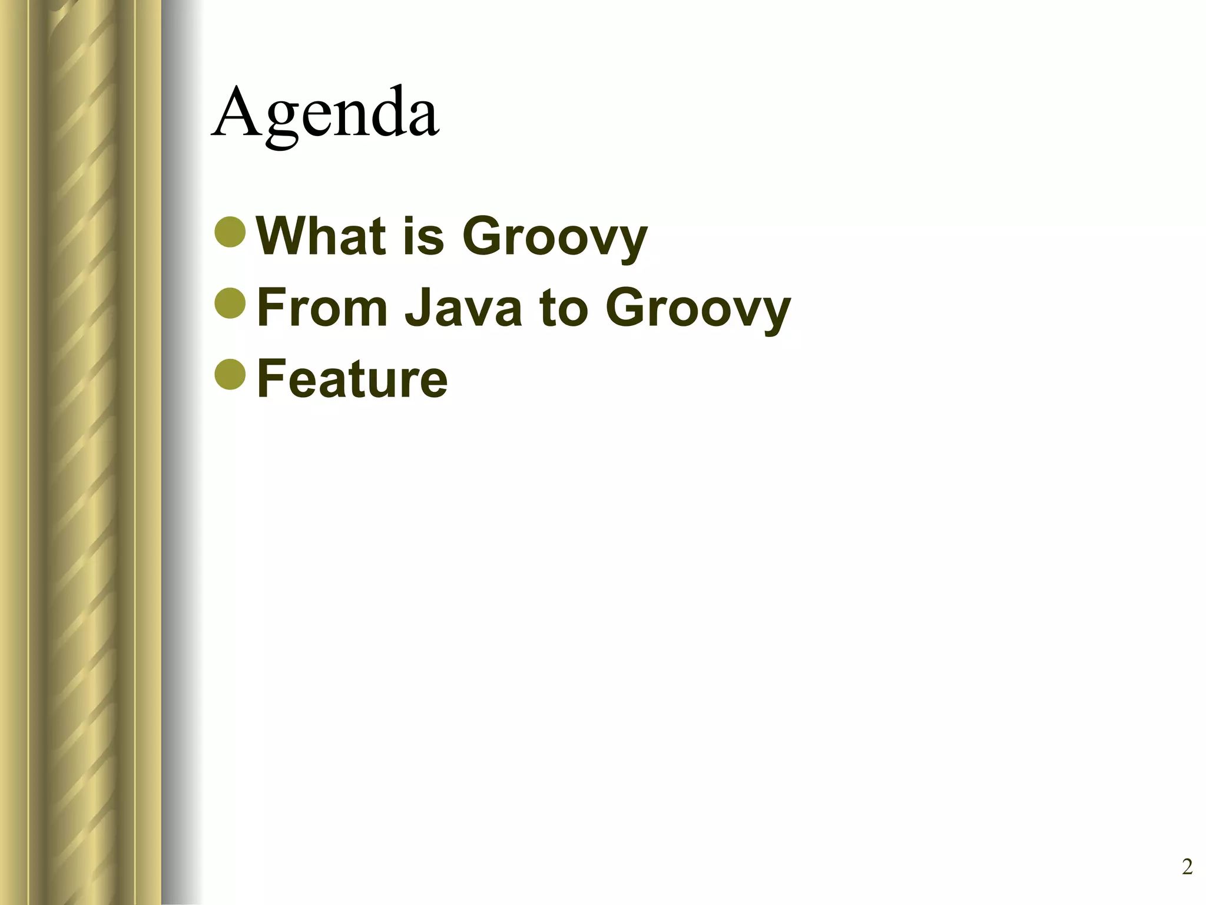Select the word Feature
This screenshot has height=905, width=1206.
(x=352, y=378)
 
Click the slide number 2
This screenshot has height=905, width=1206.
(x=1187, y=867)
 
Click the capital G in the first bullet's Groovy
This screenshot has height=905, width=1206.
(x=485, y=236)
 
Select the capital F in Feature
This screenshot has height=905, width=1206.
(x=271, y=378)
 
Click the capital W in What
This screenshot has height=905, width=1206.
(x=282, y=236)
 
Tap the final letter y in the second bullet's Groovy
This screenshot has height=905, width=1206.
(x=775, y=312)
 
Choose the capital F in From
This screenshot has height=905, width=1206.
(x=271, y=307)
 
